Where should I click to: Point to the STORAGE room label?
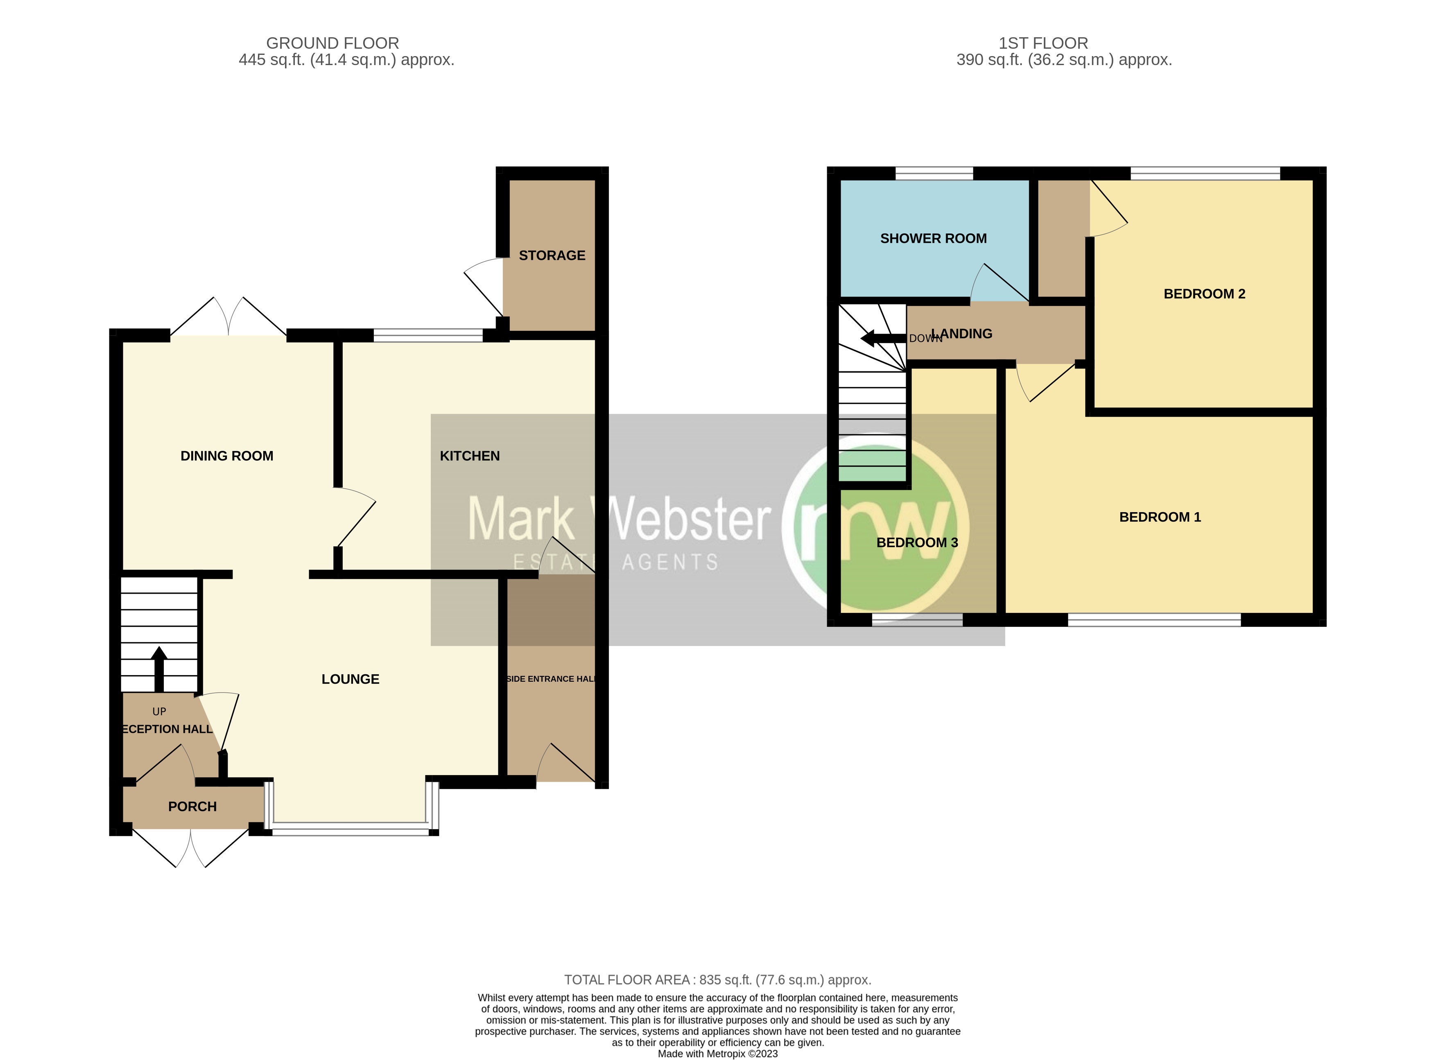coord(552,256)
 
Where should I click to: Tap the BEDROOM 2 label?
coord(1204,294)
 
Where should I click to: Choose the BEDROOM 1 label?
coord(1160,517)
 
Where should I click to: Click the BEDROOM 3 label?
coord(917,543)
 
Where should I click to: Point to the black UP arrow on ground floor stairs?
coord(158,667)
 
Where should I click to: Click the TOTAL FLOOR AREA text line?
coord(717,980)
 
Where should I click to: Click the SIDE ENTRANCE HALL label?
coord(551,679)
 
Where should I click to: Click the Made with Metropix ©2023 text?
coord(717,1053)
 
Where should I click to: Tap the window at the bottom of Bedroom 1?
coord(1154,620)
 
